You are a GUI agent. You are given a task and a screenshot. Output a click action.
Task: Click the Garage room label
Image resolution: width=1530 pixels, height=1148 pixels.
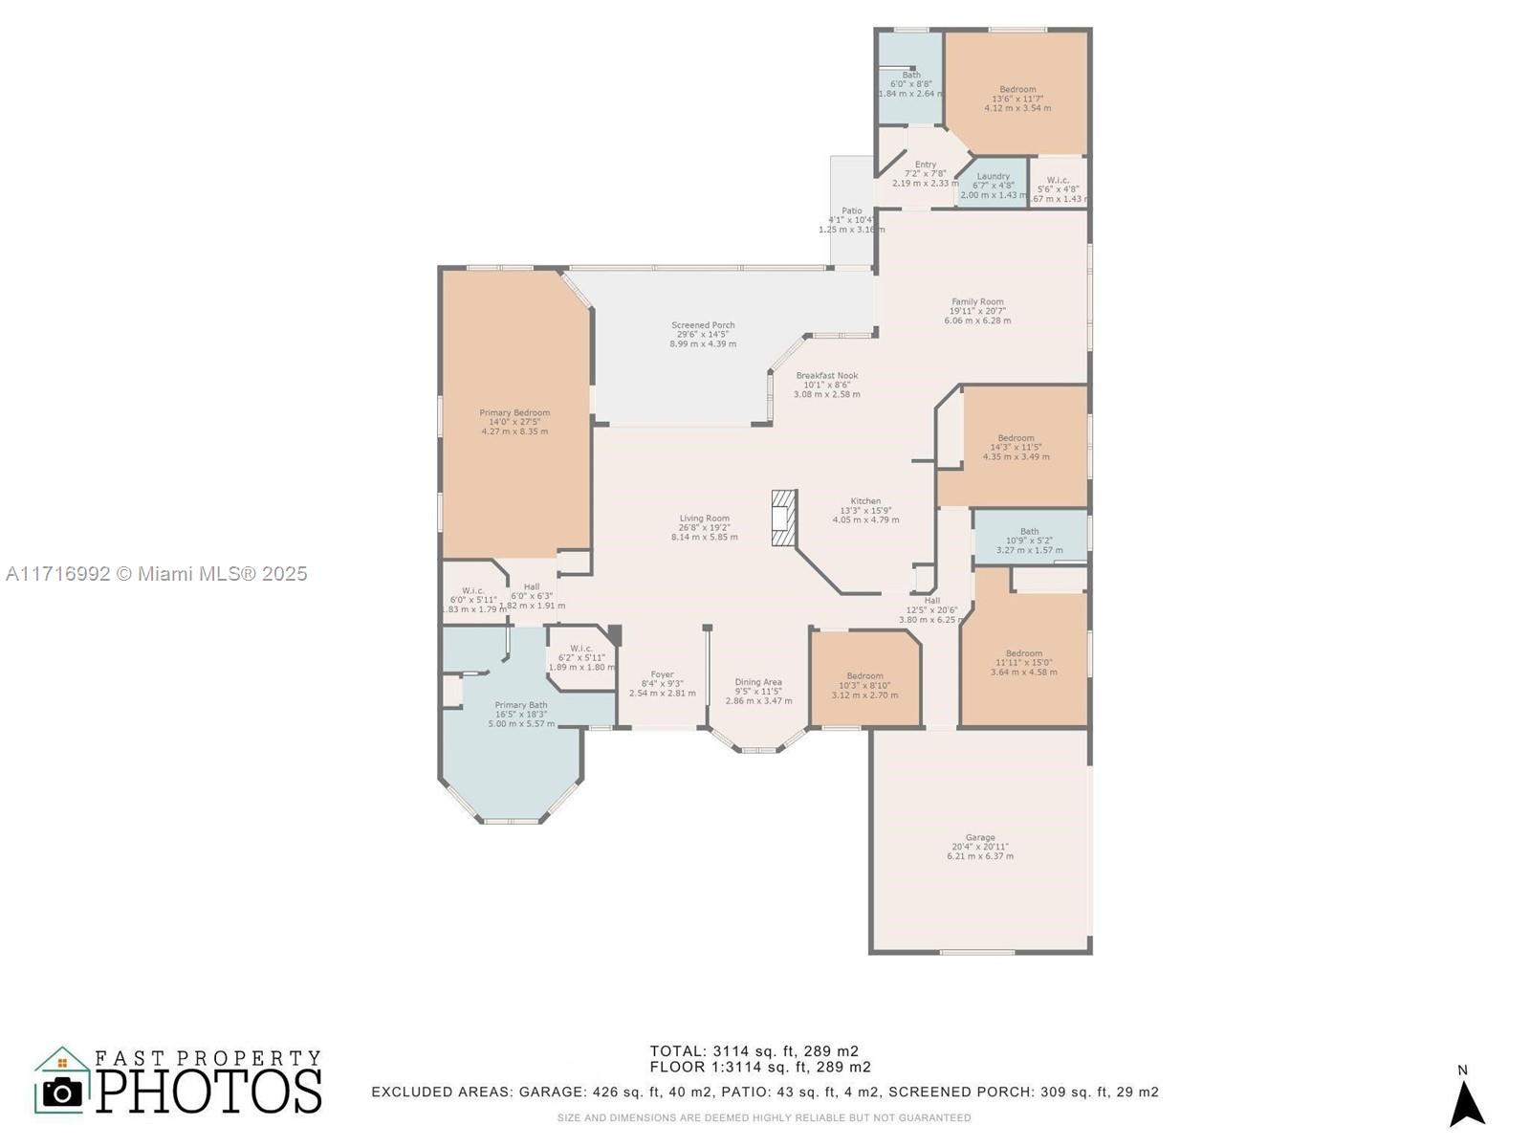[x=979, y=838]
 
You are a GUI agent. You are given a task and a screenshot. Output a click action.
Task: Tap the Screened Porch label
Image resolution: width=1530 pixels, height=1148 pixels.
[x=703, y=325]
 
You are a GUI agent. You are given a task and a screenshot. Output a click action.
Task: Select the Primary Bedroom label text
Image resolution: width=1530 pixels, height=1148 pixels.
[x=514, y=413]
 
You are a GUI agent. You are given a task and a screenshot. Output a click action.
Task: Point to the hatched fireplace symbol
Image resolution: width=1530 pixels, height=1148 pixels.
[x=783, y=519]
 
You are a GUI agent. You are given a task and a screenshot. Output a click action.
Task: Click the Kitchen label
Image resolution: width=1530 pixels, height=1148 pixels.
[x=865, y=501]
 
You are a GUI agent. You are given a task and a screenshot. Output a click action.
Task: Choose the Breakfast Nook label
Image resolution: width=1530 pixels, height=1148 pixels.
[x=827, y=376]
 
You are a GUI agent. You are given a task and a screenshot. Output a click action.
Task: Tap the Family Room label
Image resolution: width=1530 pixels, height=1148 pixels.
[x=977, y=302]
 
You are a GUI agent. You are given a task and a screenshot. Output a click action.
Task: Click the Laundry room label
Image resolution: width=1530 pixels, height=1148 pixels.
[x=993, y=177]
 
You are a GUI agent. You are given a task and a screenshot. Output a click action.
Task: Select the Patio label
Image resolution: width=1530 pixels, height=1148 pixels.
[x=851, y=211]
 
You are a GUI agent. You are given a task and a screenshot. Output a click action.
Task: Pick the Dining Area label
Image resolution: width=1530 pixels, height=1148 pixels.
[x=758, y=682]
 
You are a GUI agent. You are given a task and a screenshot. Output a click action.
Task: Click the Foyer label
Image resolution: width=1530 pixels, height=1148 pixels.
[x=662, y=674]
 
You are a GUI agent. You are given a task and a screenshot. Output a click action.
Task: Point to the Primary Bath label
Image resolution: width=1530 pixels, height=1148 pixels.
[x=521, y=705]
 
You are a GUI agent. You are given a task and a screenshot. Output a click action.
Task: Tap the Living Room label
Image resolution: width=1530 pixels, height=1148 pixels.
[x=704, y=519]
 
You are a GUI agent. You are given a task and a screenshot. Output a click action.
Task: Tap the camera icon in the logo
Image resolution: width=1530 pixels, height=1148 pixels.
[x=63, y=1092]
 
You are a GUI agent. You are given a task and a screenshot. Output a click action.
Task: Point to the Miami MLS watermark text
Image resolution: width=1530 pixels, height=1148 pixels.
[x=156, y=574]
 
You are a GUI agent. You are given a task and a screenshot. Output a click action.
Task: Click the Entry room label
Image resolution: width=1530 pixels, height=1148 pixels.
[x=925, y=165]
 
